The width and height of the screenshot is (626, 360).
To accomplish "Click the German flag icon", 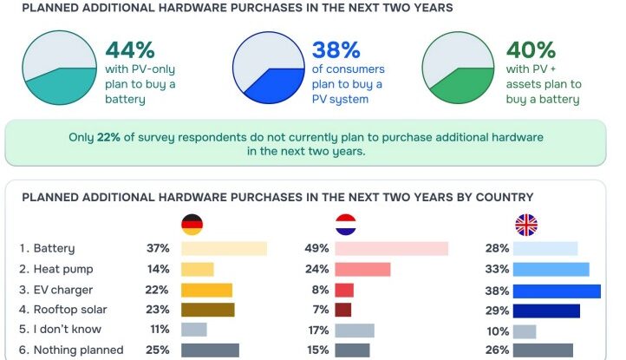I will [x=192, y=226].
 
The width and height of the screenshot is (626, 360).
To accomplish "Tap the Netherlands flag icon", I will [x=346, y=226].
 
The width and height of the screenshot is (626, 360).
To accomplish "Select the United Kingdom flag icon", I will [x=525, y=226].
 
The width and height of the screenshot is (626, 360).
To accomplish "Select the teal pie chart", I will [x=61, y=68].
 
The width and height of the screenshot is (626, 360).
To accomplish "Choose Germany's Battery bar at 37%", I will [x=224, y=249].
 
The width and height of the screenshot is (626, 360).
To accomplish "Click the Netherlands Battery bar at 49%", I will [x=391, y=249].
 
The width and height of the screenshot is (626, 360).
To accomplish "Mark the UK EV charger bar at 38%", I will [x=557, y=290].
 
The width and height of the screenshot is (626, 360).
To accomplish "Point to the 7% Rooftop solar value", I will [x=320, y=310].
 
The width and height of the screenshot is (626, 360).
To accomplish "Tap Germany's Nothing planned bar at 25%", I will [x=210, y=350].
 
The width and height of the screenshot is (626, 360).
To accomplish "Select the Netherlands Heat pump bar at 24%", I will [x=362, y=269].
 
